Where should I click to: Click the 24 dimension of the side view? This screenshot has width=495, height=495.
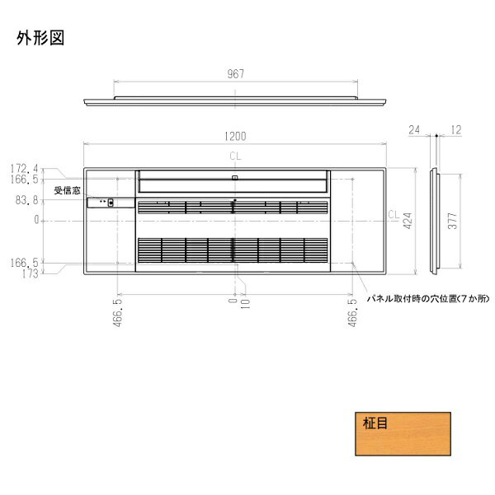pyautogui.click(x=413, y=129)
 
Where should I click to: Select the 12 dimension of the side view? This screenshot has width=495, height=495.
pyautogui.click(x=455, y=129)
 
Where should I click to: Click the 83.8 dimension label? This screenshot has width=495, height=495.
pyautogui.click(x=26, y=199)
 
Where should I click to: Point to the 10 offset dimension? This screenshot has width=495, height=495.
pyautogui.click(x=245, y=309)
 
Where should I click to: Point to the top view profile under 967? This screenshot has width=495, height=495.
pyautogui.click(x=238, y=103)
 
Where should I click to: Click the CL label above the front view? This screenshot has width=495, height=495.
pyautogui.click(x=237, y=153)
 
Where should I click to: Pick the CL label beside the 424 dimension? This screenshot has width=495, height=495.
pyautogui.click(x=394, y=215)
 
